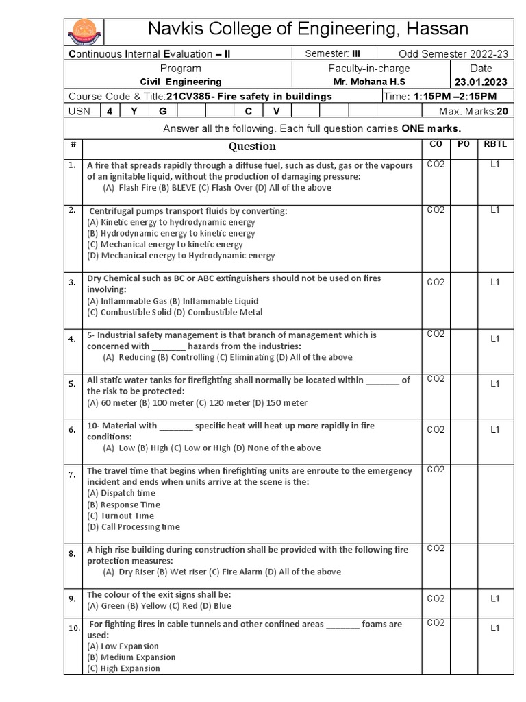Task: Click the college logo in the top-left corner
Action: tap(85, 32)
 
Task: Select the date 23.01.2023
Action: tap(481, 82)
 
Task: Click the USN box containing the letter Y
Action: tap(135, 110)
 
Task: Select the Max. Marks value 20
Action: tap(502, 110)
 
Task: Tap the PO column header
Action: tap(462, 145)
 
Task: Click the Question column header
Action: tap(252, 146)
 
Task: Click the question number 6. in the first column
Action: tap(71, 430)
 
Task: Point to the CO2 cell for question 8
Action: tap(436, 548)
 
